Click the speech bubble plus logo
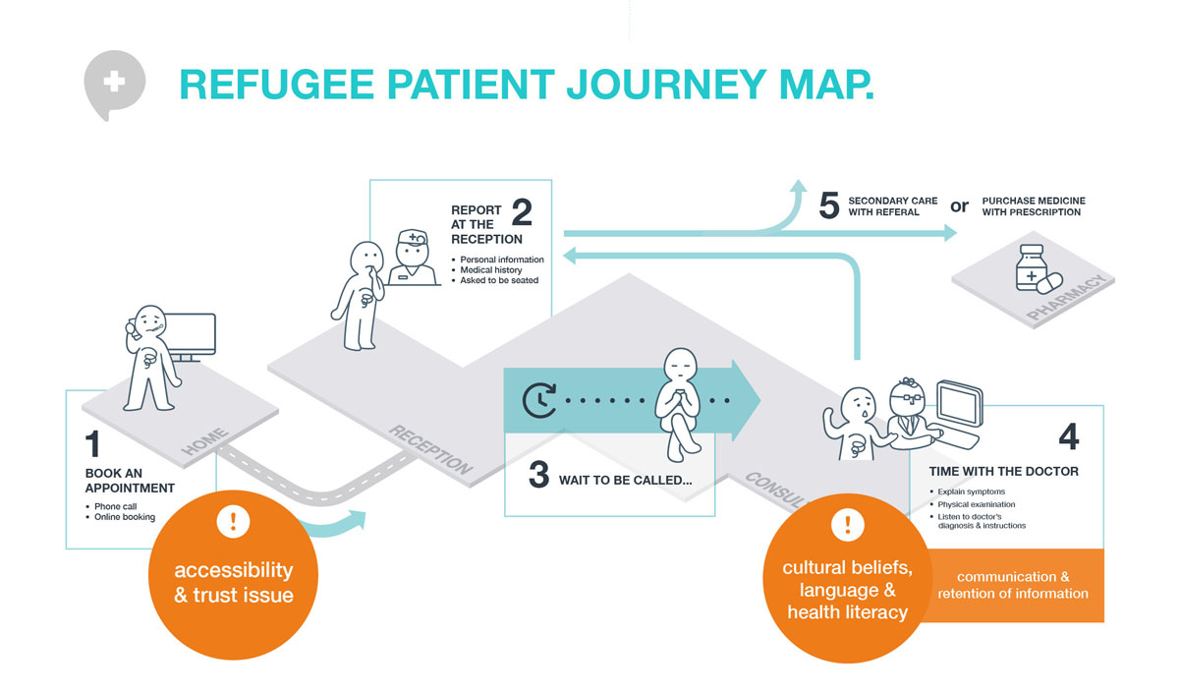coord(114,83)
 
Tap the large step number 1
coord(93,444)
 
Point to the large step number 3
coord(537,474)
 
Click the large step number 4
coord(1071,436)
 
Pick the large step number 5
coord(829,206)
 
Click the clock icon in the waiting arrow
coord(538,400)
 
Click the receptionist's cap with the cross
coord(413,237)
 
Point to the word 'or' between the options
coord(960,205)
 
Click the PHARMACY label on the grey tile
coord(1067,298)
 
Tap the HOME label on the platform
coord(205,441)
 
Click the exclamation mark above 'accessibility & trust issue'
coord(235,522)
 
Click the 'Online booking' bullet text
coord(124,517)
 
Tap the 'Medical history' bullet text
coord(490,269)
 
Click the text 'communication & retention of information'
coord(1013,585)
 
